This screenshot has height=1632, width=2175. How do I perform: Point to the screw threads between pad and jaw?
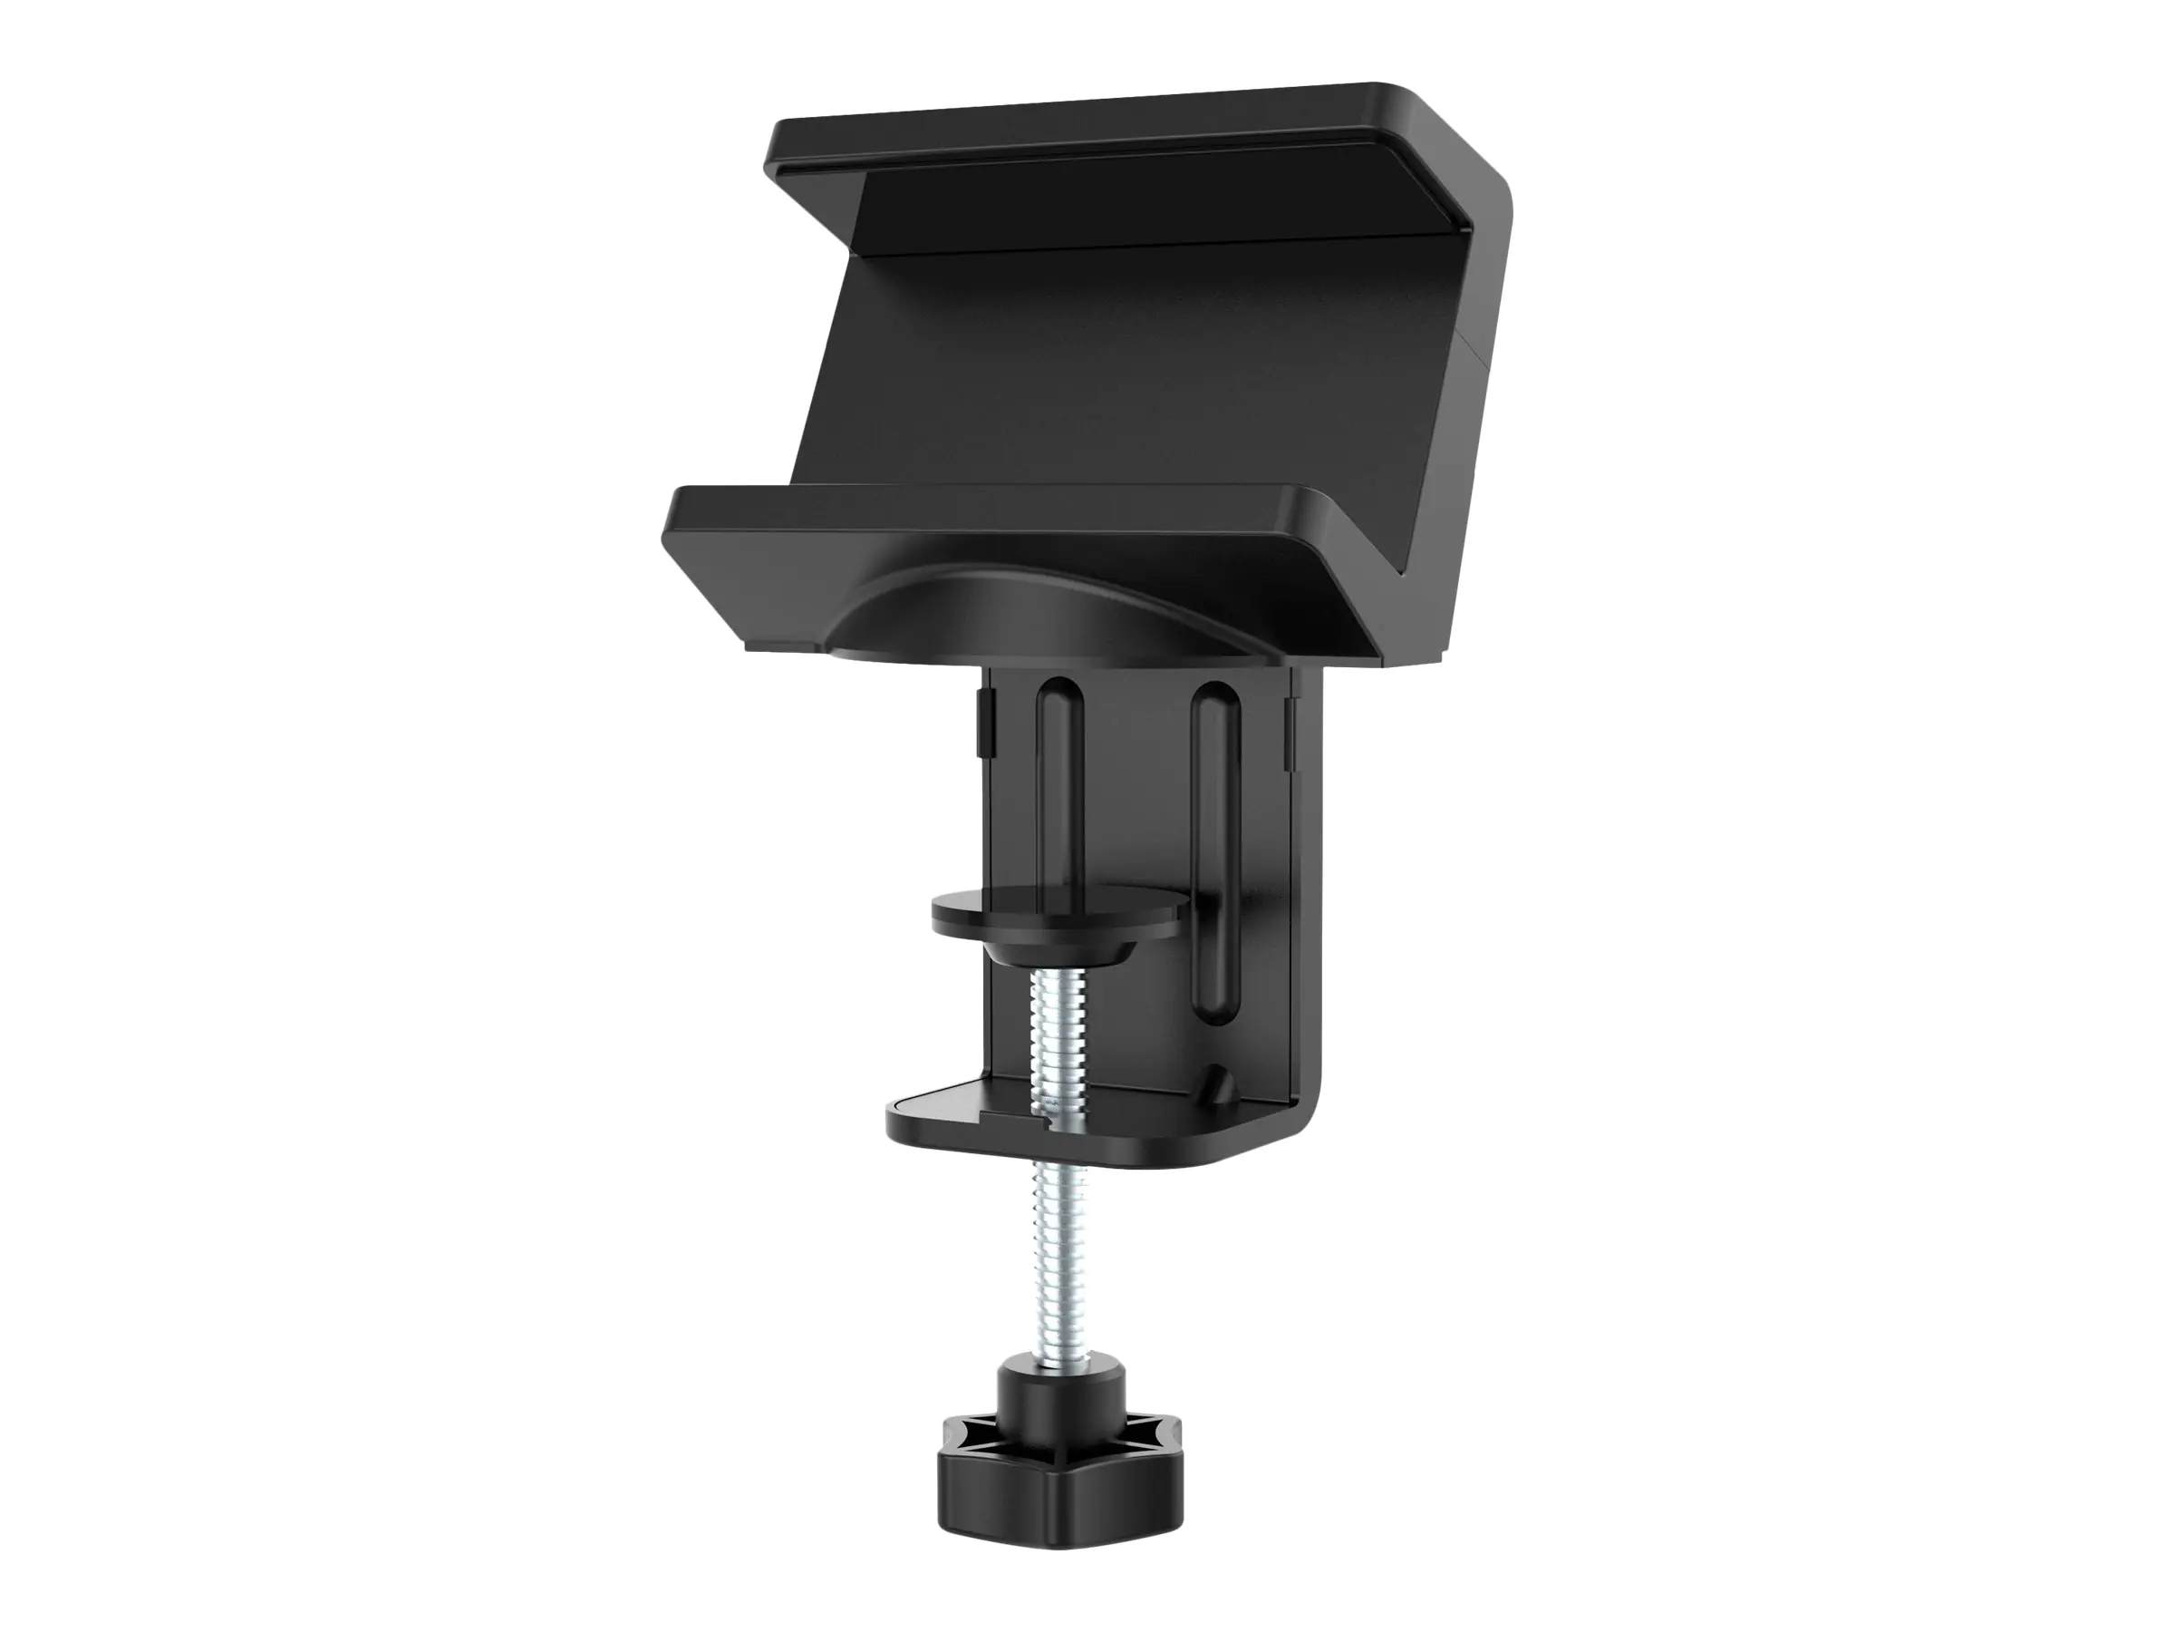1054,1043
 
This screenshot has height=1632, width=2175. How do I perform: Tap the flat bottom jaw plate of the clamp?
983,1122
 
